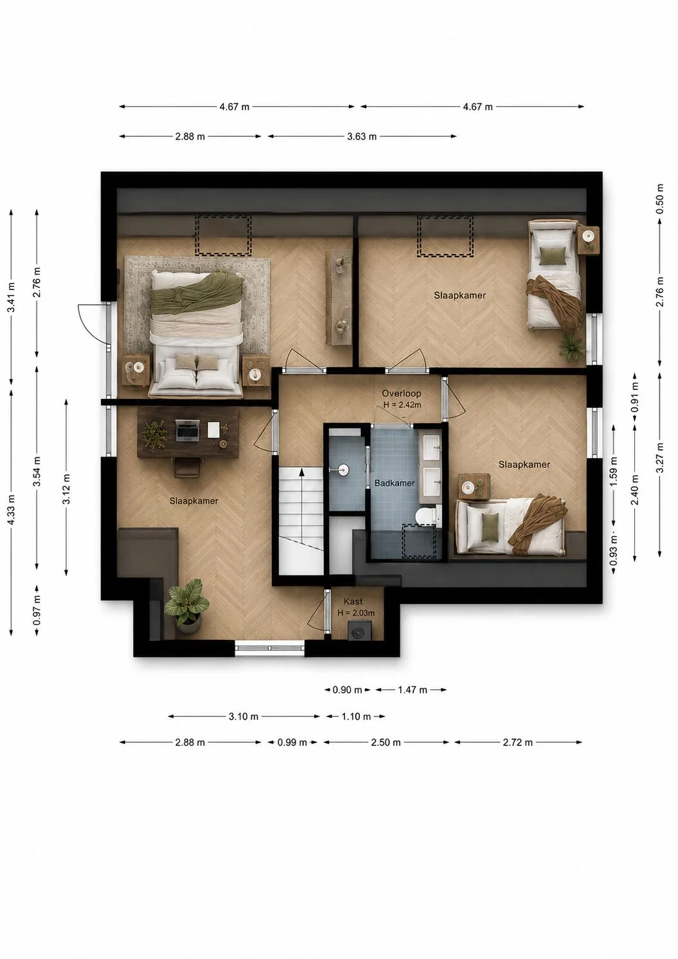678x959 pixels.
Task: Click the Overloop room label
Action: pos(401,393)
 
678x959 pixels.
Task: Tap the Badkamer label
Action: pos(395,483)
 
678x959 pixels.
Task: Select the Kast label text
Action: pos(353,601)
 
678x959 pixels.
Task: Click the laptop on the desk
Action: pos(188,430)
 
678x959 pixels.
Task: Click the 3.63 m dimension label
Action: pos(361,136)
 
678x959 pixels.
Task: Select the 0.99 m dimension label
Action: pos(292,742)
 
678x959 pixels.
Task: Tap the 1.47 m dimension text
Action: pos(413,690)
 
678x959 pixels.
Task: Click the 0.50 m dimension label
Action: pos(660,199)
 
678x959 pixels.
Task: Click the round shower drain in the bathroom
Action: pos(344,470)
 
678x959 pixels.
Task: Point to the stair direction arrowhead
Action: pos(301,472)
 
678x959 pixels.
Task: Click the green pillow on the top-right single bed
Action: pos(551,255)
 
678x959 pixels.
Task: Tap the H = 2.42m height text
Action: pos(402,405)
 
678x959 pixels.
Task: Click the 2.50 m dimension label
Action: pos(386,742)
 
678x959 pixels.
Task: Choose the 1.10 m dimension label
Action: pos(356,717)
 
